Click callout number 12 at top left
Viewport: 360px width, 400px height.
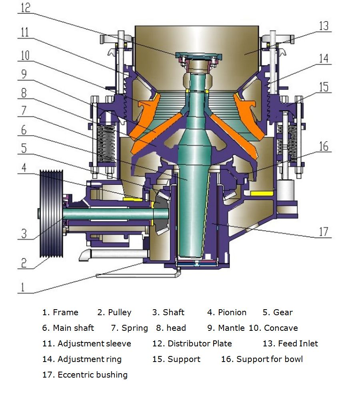[x=25, y=8]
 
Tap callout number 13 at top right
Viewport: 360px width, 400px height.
[x=323, y=26]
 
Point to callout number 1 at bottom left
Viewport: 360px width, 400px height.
[x=23, y=287]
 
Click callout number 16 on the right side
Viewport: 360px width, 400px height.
[x=323, y=146]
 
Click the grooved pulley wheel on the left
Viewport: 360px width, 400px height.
[x=51, y=214]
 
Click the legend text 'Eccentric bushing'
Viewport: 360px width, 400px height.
[x=92, y=375]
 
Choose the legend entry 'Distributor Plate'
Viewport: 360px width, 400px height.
[x=199, y=344]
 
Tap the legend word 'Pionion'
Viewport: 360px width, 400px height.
[x=232, y=312]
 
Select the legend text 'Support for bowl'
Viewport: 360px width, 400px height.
[x=269, y=359]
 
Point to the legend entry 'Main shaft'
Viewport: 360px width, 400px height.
[x=73, y=328]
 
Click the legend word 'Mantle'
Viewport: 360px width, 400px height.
[x=231, y=328]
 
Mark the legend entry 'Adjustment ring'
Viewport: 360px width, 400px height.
[x=89, y=359]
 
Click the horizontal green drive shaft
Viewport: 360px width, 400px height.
[x=108, y=215]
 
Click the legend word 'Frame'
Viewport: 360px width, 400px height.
[x=66, y=312]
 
